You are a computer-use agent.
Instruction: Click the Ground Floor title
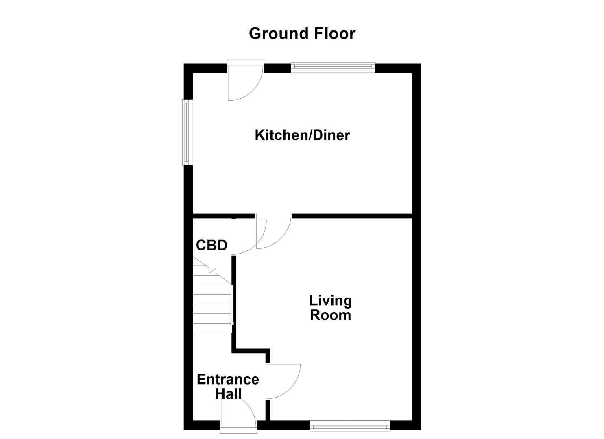point(302,33)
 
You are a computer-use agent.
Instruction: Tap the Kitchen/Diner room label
point(302,135)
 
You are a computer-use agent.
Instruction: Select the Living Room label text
point(330,308)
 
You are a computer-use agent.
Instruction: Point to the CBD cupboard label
point(211,246)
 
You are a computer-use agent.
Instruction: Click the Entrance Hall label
point(228,386)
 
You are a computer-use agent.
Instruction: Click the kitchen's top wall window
point(333,67)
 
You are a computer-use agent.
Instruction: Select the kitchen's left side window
point(187,133)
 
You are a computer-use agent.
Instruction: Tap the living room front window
point(350,426)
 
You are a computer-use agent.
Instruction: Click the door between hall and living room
point(283,381)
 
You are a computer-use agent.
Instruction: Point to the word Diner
point(331,135)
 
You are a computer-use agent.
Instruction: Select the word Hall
point(228,393)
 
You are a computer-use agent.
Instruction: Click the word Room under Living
point(330,315)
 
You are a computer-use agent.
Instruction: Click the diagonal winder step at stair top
point(212,270)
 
